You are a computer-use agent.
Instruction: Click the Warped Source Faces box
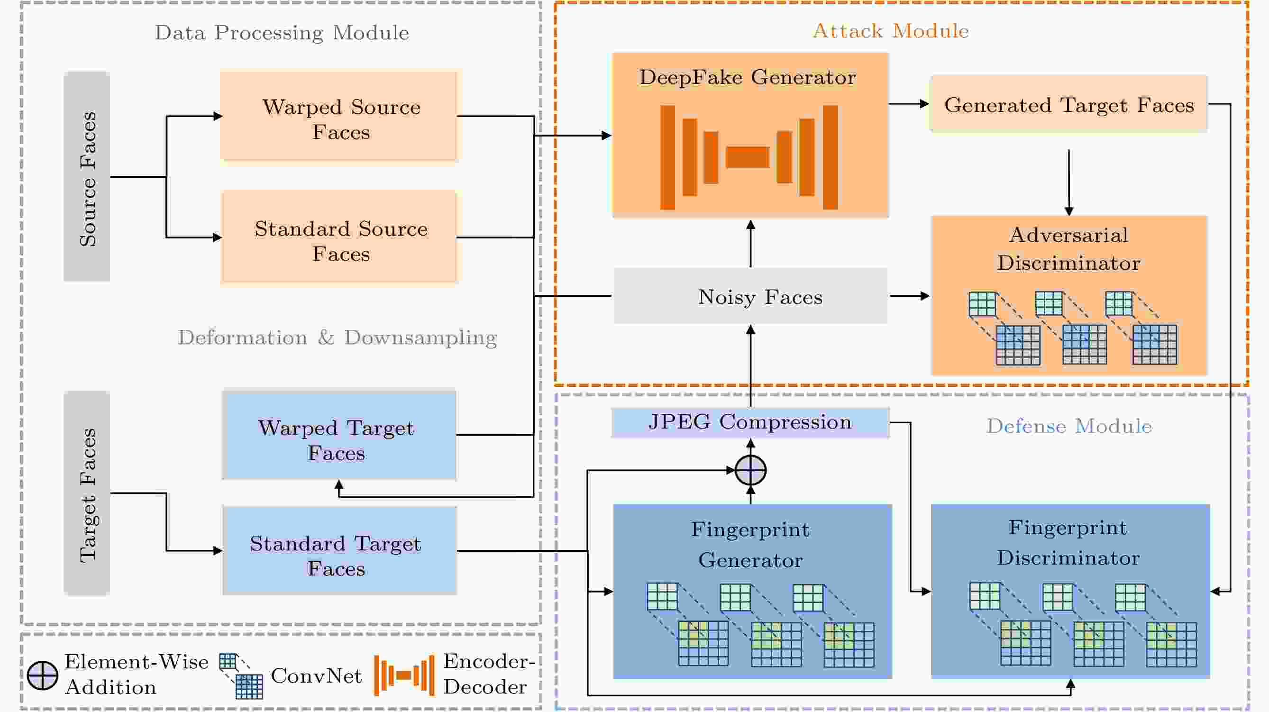tap(339, 116)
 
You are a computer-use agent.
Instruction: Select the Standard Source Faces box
tap(339, 237)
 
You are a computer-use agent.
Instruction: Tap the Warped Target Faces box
tap(339, 435)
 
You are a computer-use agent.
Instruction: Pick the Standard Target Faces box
tap(339, 550)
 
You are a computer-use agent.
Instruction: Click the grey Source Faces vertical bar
tap(87, 176)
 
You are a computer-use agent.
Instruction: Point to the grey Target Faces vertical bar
tap(87, 493)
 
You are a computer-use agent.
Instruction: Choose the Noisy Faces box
tap(751, 296)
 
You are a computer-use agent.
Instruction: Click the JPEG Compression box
tap(750, 422)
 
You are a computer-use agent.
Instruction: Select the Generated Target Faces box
tap(1068, 103)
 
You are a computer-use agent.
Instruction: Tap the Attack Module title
tap(891, 31)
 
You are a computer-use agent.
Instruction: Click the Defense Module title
tap(1069, 426)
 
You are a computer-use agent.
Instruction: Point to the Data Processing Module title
tap(282, 33)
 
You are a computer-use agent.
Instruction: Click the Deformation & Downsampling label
tap(338, 338)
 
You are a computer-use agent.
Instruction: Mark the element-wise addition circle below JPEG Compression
tap(750, 470)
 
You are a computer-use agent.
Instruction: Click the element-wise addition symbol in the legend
tap(42, 675)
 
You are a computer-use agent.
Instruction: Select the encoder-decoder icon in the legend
tap(404, 675)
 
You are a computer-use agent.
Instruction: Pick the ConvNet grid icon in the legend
tap(241, 676)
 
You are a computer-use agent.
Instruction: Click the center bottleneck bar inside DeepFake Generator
tap(747, 157)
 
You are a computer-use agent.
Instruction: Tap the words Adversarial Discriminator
tap(1068, 249)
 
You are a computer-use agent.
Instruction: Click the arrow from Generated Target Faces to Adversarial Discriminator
tap(1068, 183)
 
